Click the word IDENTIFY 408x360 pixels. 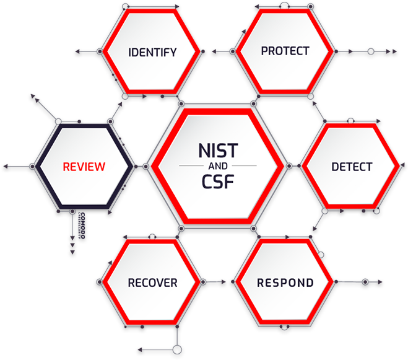152,52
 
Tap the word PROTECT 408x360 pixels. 285,51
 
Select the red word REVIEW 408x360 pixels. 84,167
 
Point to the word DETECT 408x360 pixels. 352,167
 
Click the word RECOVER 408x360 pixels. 152,283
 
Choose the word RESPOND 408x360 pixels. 285,283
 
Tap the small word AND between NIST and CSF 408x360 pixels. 218,166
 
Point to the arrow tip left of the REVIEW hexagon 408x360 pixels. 6,166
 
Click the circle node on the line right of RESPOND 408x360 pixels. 365,283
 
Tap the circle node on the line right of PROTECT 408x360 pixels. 370,51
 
